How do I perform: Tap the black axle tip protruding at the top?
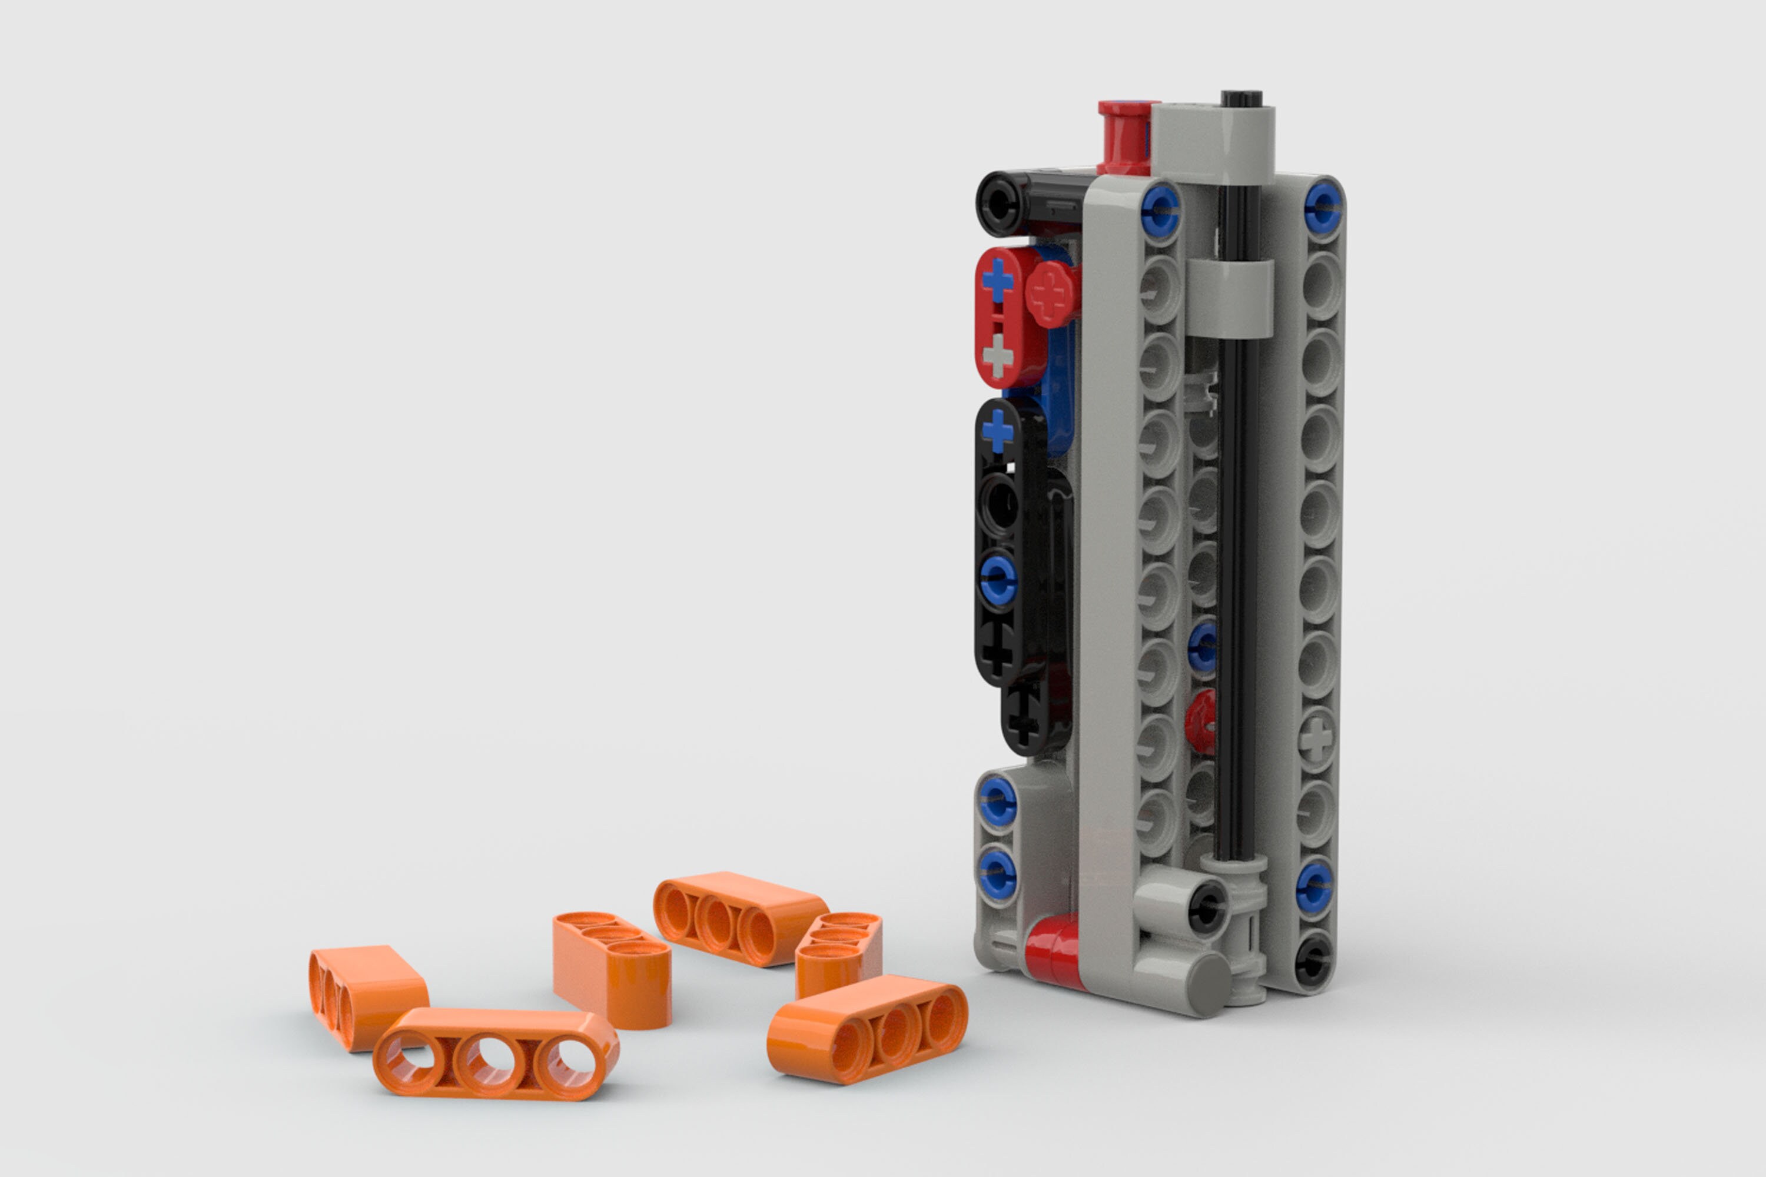click(x=1240, y=99)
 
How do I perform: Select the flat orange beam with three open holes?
click(x=496, y=1054)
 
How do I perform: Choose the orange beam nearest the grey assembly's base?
click(x=867, y=1028)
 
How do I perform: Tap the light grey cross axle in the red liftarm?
click(x=997, y=354)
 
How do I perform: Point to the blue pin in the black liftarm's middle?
click(x=997, y=578)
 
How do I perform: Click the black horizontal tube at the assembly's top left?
click(x=1028, y=201)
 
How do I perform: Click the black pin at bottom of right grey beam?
click(x=1313, y=959)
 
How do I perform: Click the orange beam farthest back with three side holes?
click(x=739, y=917)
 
